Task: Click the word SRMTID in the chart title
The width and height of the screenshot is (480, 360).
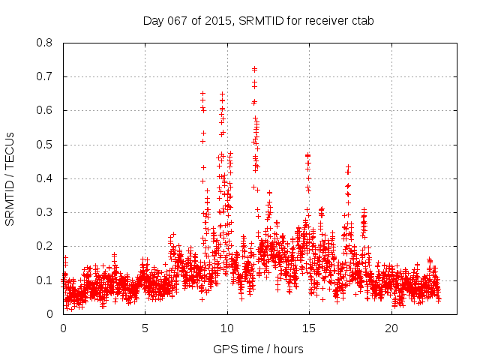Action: pos(260,20)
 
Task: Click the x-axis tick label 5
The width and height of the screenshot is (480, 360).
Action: pos(145,328)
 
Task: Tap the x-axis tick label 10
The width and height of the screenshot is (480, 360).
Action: pos(227,328)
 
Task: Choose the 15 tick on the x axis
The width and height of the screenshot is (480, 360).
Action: pos(309,328)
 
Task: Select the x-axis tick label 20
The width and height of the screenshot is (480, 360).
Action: pos(391,328)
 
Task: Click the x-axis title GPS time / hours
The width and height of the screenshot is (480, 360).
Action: pos(258,349)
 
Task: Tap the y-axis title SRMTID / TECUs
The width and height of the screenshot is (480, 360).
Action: pos(10,178)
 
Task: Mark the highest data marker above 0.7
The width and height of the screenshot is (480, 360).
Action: pos(254,69)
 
